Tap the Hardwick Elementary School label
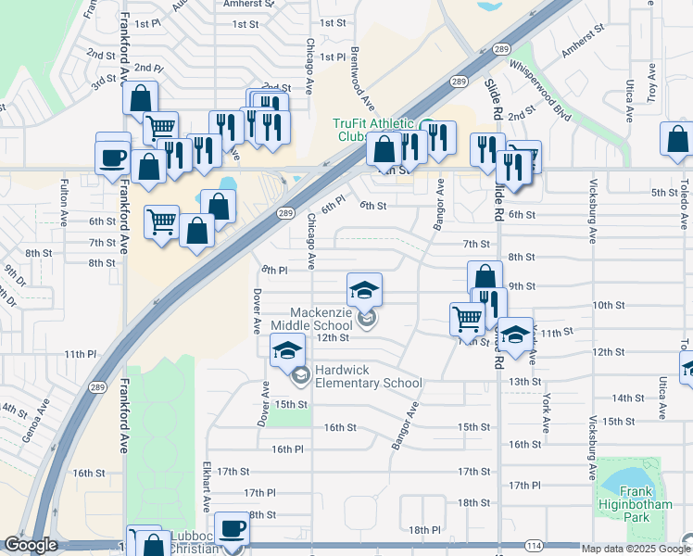point(367,376)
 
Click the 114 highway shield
point(533,546)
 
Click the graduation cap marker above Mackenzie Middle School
point(365,289)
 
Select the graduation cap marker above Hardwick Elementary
point(287,349)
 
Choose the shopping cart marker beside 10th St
point(466,318)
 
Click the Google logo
point(31,546)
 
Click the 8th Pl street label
point(274,270)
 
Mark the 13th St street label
point(524,381)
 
